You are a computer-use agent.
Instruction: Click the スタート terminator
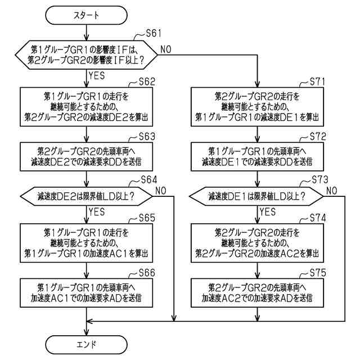click(86, 15)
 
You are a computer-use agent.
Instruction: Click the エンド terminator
click(86, 345)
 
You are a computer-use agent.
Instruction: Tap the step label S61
click(154, 34)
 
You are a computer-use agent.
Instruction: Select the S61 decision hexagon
click(86, 55)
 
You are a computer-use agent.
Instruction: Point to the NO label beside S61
click(166, 49)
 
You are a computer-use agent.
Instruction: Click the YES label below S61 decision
click(97, 75)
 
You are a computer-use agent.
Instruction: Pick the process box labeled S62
click(86, 107)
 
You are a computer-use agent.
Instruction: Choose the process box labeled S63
click(86, 156)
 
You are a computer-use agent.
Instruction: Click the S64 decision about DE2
click(86, 196)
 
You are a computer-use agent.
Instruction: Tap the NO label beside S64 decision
click(161, 191)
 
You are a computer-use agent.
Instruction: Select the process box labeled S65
click(86, 243)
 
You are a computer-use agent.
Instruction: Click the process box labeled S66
click(86, 293)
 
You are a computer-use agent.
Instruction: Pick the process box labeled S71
click(258, 107)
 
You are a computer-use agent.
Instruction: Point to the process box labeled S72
click(258, 156)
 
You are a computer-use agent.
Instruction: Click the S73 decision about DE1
click(256, 196)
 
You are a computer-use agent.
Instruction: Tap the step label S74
click(318, 218)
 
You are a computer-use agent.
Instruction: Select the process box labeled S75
click(258, 293)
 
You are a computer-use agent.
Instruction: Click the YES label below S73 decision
click(268, 211)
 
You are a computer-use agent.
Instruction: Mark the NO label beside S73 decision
click(332, 191)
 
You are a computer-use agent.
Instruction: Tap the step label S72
click(318, 137)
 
